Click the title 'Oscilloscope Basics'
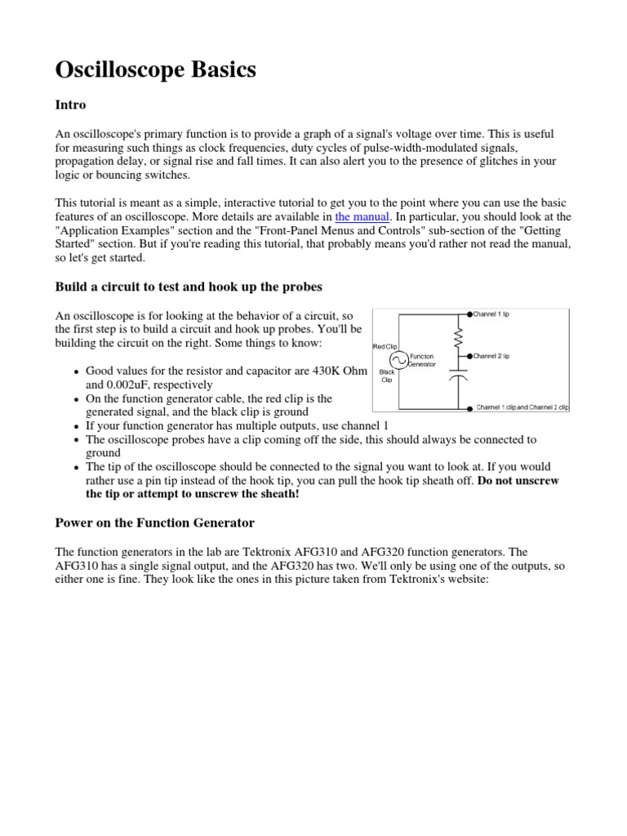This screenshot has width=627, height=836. (x=155, y=70)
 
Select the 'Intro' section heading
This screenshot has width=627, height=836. (x=70, y=105)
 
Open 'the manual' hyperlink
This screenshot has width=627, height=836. (x=362, y=216)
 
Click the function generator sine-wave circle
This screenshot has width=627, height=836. (x=400, y=360)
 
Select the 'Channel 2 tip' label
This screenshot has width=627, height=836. (x=492, y=356)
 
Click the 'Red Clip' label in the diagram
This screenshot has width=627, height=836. (x=385, y=346)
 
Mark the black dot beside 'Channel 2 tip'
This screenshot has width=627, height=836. (x=469, y=356)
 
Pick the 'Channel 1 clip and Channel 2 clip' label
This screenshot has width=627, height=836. (x=522, y=406)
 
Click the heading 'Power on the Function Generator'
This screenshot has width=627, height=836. (x=154, y=522)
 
